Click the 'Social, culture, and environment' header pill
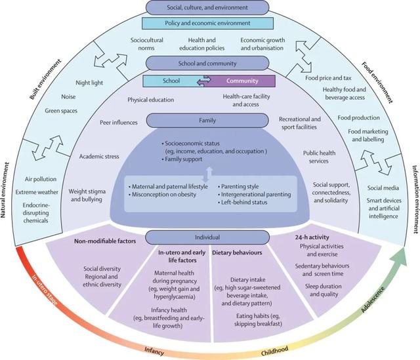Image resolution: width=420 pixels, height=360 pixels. pos(207,7)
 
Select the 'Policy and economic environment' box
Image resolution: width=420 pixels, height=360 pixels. pos(207,24)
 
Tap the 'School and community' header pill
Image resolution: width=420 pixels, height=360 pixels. pos(207,64)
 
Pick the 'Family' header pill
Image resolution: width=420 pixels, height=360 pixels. pos(207,121)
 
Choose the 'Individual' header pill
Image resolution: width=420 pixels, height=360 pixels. pos(207,237)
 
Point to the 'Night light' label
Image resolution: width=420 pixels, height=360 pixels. pos(89,83)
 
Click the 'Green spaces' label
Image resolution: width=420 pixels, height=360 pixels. pos(61,111)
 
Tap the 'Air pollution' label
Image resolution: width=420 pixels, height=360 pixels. pos(41,179)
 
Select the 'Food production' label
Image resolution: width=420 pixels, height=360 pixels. pos(359,118)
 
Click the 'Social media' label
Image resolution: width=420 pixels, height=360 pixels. pos(383,188)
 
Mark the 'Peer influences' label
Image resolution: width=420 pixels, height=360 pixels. pos(119,123)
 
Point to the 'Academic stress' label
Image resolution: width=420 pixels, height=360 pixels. pos(99,157)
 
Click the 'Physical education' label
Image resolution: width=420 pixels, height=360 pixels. pos(150,100)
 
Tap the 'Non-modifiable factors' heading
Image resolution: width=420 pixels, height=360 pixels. pos(105,241)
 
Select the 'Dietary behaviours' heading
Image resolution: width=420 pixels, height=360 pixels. pos(237,252)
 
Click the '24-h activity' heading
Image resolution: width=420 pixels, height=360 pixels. pos(312,237)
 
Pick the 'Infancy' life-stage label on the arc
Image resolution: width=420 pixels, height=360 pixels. pos(154,351)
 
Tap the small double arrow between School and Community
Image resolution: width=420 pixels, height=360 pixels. pos(204,81)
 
